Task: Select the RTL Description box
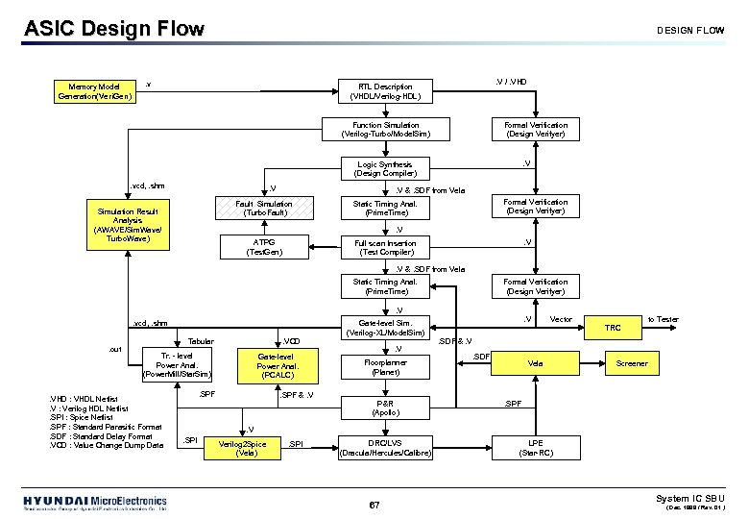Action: [385, 91]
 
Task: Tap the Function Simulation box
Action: [385, 130]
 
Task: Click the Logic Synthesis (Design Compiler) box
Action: [385, 168]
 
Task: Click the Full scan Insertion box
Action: [385, 247]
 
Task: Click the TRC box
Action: [613, 328]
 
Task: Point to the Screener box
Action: [632, 363]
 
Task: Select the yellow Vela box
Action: [536, 363]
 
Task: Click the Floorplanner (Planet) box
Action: [385, 366]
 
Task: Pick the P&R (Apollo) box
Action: [385, 407]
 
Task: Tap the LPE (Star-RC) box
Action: [536, 447]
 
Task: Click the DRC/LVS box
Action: [385, 447]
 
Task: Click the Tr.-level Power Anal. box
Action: [174, 365]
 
